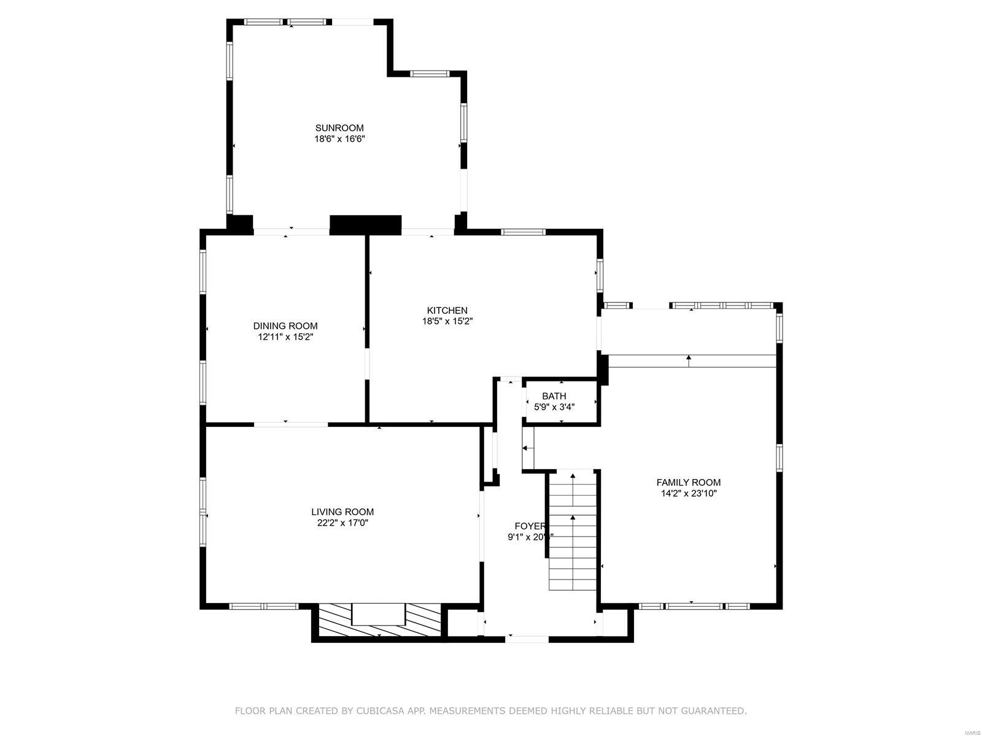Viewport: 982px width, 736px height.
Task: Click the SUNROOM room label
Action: (339, 128)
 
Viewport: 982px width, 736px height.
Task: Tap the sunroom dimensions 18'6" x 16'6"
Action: (339, 139)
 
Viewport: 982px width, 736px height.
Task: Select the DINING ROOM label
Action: (285, 326)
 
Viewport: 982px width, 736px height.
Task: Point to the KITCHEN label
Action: (447, 310)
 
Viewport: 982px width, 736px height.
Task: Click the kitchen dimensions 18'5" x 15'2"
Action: (447, 321)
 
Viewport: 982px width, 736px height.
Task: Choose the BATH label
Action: (554, 396)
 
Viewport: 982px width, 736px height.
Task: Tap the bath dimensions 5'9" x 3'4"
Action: (554, 406)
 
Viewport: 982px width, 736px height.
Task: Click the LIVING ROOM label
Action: (342, 512)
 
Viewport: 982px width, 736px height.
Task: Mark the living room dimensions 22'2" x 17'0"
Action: (342, 523)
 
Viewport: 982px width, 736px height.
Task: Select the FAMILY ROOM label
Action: (688, 482)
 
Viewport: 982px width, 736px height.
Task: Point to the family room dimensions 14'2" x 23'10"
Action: (688, 493)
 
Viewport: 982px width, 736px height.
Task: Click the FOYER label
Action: (530, 526)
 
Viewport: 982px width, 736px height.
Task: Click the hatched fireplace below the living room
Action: (378, 621)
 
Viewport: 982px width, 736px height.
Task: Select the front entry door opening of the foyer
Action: (527, 639)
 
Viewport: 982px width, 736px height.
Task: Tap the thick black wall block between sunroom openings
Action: (365, 224)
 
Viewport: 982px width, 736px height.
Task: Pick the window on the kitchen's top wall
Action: (523, 232)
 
